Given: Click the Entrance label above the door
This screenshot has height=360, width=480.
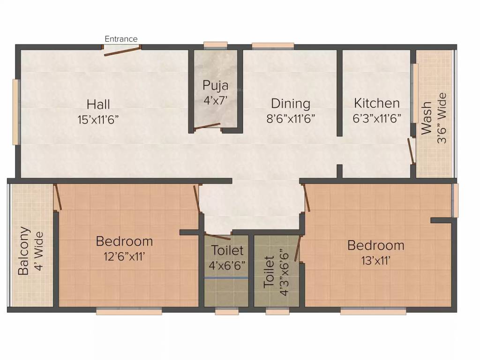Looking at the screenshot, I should click(x=121, y=39).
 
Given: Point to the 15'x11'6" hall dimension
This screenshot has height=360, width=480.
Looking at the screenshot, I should click(x=98, y=120).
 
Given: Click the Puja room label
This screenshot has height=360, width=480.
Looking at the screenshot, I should click(x=216, y=85).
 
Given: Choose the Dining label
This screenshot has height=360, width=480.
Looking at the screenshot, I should click(x=291, y=103).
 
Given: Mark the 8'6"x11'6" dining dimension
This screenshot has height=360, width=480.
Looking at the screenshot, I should click(x=291, y=118).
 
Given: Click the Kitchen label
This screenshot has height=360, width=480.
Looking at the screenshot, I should click(x=377, y=103).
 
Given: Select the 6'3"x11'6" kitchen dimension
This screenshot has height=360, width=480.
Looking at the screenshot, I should click(x=377, y=118).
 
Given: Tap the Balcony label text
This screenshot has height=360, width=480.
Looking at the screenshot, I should click(x=24, y=251).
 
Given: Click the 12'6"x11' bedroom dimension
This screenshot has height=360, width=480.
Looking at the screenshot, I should click(x=124, y=256).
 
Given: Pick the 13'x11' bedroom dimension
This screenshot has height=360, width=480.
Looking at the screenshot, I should click(x=375, y=260).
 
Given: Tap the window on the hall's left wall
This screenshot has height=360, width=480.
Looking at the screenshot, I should click(x=16, y=112).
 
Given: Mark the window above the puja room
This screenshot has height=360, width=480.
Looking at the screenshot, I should click(x=216, y=45).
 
